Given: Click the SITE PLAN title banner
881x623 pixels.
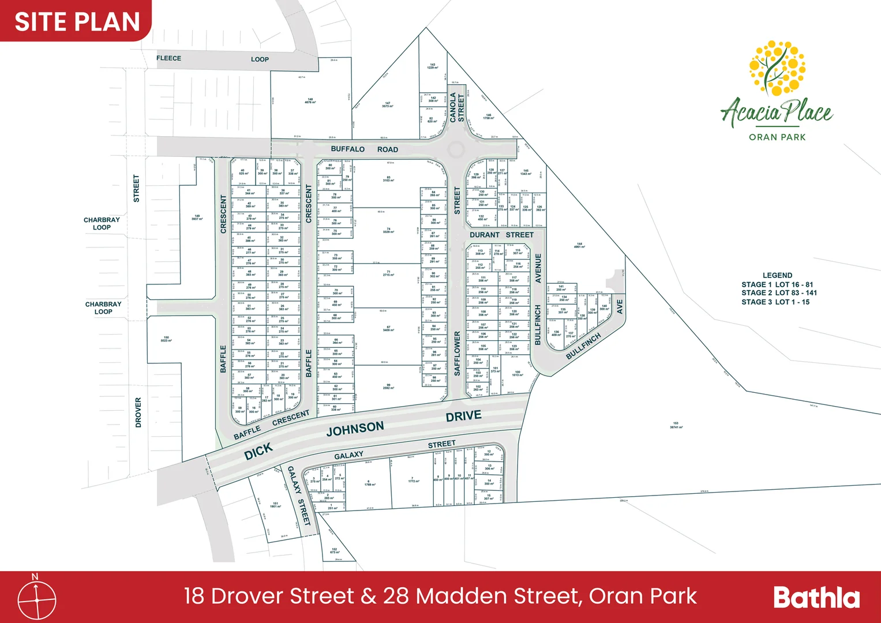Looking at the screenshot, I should click(x=77, y=21).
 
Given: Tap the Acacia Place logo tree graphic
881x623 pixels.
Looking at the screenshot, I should click(x=777, y=67).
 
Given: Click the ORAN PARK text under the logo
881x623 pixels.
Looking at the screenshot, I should click(x=777, y=137).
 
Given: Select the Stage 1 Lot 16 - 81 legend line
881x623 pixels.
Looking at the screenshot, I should click(x=777, y=284).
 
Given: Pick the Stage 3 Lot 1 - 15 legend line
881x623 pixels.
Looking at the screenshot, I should click(x=775, y=302).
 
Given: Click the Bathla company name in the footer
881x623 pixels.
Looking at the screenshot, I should click(x=816, y=597).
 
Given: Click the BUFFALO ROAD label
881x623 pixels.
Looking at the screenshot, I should click(x=364, y=149).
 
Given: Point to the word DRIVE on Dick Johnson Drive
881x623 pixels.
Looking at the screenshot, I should click(x=463, y=416).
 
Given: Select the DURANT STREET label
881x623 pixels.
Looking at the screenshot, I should click(x=501, y=235).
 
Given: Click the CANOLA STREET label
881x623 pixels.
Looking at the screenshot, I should click(x=456, y=107).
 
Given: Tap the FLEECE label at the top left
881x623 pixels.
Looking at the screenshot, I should click(x=168, y=58).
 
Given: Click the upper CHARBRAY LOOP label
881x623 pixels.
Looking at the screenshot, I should click(x=102, y=223).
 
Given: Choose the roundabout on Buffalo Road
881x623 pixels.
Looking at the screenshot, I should click(x=456, y=149).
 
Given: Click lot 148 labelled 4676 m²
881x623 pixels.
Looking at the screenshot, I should click(x=310, y=101).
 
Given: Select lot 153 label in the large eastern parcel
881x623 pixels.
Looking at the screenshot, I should click(x=676, y=425).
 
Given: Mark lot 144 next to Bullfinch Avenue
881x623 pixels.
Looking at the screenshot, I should click(x=579, y=245).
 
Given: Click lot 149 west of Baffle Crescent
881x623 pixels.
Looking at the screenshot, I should click(x=197, y=217).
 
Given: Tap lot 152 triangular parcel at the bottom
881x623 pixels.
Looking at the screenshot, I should click(x=334, y=551).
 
